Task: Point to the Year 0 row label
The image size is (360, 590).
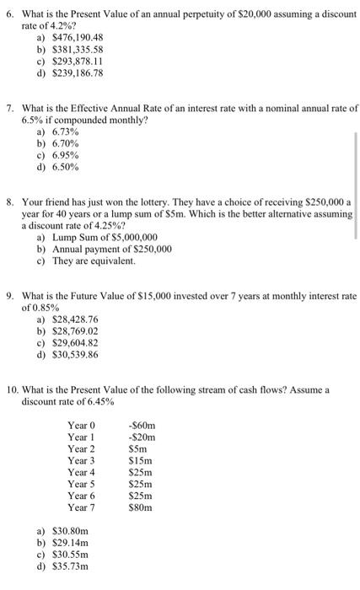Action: point(82,426)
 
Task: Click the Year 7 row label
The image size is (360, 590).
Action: point(82,507)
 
